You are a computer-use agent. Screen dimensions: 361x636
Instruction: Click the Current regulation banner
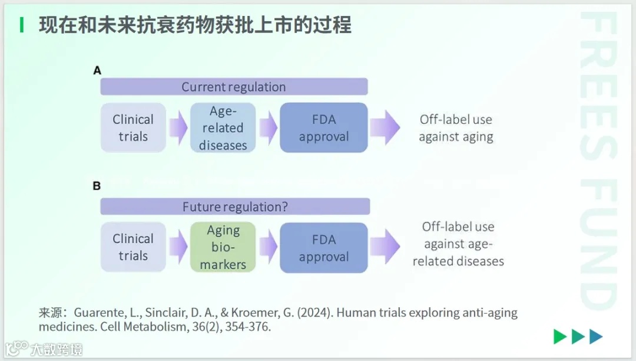click(234, 87)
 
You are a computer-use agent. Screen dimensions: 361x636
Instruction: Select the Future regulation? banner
click(235, 206)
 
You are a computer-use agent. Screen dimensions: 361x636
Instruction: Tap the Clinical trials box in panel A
click(133, 127)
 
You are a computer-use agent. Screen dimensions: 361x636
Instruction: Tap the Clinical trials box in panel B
click(133, 247)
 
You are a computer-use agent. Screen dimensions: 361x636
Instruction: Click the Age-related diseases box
click(223, 127)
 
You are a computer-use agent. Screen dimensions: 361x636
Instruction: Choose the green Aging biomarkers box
click(223, 247)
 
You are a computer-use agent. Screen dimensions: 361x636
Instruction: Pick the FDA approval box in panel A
click(323, 127)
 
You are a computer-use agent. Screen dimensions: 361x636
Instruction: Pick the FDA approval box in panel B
click(323, 248)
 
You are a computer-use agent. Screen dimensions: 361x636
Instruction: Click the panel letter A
click(97, 71)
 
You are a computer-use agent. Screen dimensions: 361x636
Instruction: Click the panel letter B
click(97, 186)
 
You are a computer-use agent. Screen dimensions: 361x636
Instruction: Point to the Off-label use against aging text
click(456, 128)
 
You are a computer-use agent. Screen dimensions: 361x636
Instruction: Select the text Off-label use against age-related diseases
click(458, 244)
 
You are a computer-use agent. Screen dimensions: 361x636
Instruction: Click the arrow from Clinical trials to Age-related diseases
click(177, 127)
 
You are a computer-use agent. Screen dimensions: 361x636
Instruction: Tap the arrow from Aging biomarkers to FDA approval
click(268, 247)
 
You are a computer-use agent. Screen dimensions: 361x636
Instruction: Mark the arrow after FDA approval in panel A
click(385, 127)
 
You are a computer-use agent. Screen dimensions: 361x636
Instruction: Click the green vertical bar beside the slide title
click(22, 25)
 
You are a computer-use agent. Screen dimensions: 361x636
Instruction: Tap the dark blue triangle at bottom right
click(596, 336)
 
